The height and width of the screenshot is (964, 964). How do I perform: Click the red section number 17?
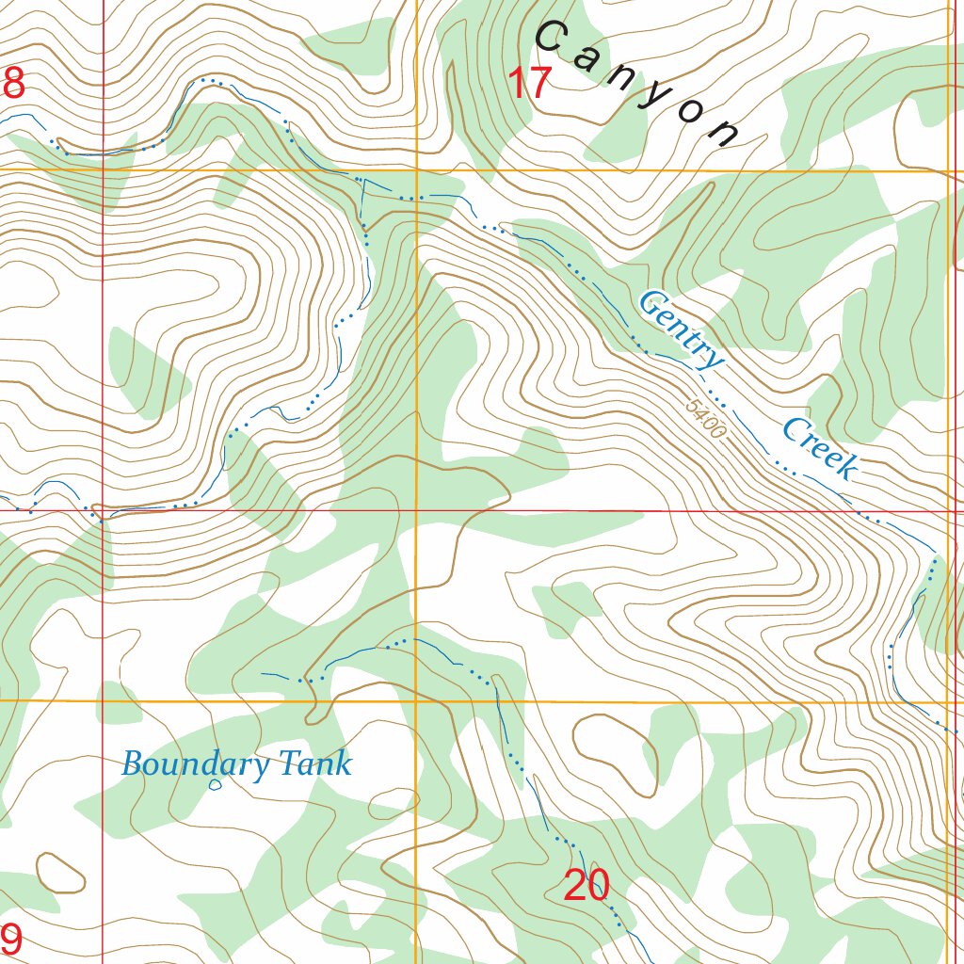(529, 85)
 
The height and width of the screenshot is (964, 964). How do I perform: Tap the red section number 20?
(586, 886)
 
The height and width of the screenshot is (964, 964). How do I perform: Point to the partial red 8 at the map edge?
(12, 85)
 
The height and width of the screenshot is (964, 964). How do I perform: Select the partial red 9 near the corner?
(10, 939)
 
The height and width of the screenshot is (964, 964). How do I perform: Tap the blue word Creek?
(820, 449)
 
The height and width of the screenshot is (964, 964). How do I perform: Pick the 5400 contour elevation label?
(706, 420)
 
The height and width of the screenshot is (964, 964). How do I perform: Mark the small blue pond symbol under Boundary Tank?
(215, 784)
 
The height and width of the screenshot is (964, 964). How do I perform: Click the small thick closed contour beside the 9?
(60, 873)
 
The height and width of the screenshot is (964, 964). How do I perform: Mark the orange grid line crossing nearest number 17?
(416, 170)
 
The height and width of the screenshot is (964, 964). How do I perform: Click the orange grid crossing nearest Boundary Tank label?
(416, 701)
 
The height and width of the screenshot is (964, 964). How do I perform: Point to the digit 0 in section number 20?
(598, 886)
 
